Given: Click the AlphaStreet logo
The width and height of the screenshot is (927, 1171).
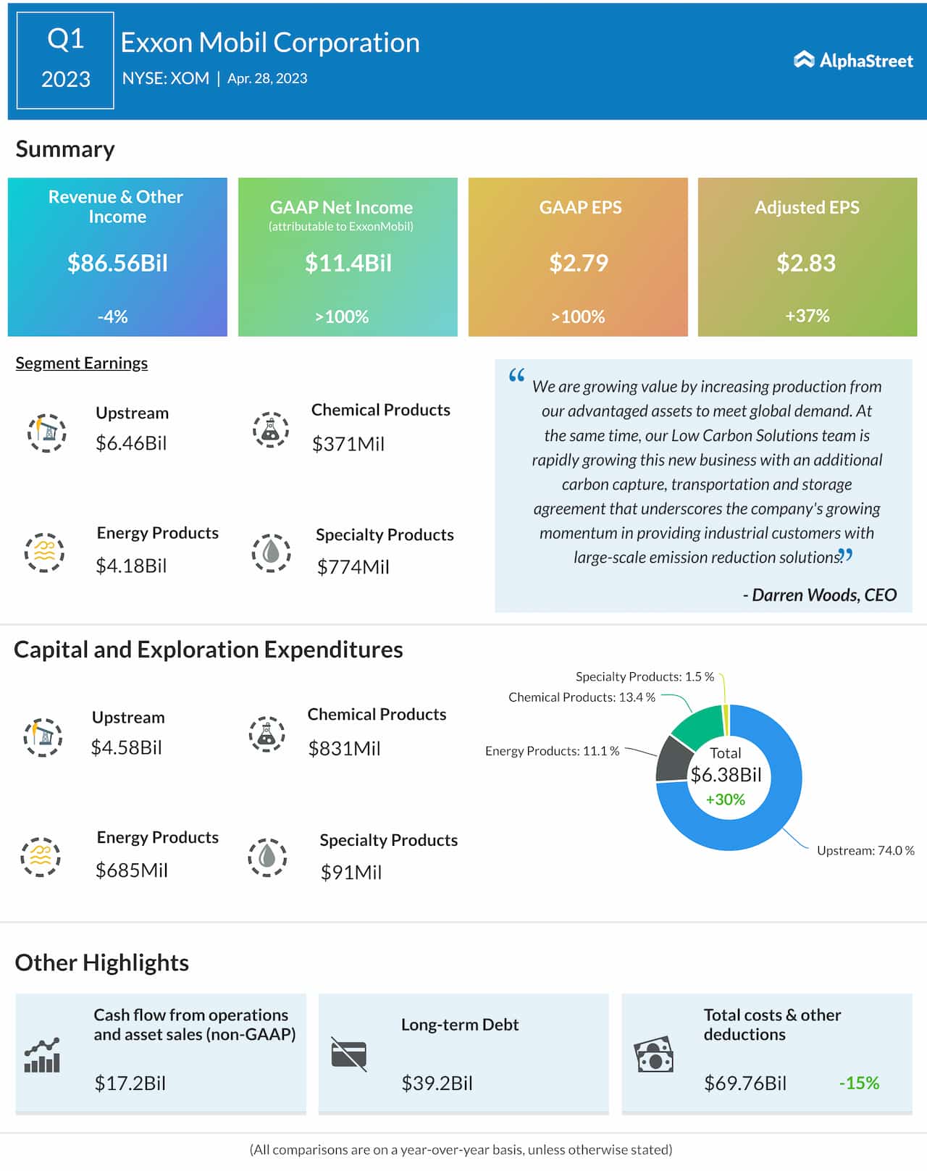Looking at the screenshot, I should [x=853, y=60].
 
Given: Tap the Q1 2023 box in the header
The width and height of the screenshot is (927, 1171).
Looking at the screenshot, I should [x=65, y=60].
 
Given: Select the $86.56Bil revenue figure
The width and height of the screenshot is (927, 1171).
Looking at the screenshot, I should [x=117, y=263].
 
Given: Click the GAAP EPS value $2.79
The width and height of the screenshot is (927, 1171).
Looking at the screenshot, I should [x=578, y=263].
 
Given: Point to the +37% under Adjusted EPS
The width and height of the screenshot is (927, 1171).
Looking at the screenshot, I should [x=807, y=316].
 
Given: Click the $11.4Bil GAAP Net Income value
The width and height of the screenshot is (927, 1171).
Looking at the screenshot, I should [x=348, y=263].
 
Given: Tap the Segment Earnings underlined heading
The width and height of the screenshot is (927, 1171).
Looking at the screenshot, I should [x=82, y=363].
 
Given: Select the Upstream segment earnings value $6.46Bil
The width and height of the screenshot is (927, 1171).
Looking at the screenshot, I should [x=131, y=443].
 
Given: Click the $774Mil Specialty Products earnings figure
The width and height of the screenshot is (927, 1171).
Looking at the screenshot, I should [x=353, y=567].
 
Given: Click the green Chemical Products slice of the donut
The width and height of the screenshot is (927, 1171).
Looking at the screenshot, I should [x=697, y=727].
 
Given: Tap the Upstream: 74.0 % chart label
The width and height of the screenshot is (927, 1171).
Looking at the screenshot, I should [x=865, y=850].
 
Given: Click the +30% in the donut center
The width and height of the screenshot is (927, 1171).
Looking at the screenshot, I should [x=725, y=799].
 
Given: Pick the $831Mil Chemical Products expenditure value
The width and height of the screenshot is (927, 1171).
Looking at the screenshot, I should [x=344, y=749].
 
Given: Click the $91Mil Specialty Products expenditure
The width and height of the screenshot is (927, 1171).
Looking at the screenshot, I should [x=351, y=873].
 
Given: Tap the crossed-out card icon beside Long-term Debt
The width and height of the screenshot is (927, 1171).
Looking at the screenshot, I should [x=349, y=1054].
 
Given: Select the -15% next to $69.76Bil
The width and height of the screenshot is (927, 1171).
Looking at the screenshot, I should [x=859, y=1083].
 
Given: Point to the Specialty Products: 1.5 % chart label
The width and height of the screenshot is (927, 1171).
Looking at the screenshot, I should [x=645, y=676].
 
